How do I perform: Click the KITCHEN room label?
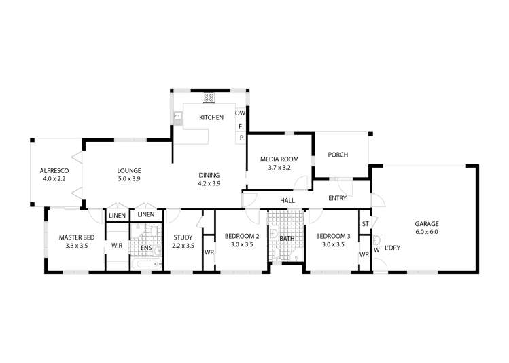(211, 118)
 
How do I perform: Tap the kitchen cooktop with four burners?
(209, 98)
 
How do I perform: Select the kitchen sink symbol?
(177, 117)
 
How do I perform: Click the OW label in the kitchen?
(240, 113)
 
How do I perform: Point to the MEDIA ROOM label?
(276, 159)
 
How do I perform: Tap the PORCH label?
(338, 155)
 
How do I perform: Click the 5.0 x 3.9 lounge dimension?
(128, 179)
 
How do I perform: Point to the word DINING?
(209, 174)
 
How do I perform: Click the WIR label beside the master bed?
(116, 245)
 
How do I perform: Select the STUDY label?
(183, 237)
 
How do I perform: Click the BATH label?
(286, 239)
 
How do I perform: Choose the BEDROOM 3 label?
(333, 237)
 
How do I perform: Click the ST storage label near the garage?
(365, 224)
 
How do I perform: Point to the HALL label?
(287, 200)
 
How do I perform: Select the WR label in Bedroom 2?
(209, 253)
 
